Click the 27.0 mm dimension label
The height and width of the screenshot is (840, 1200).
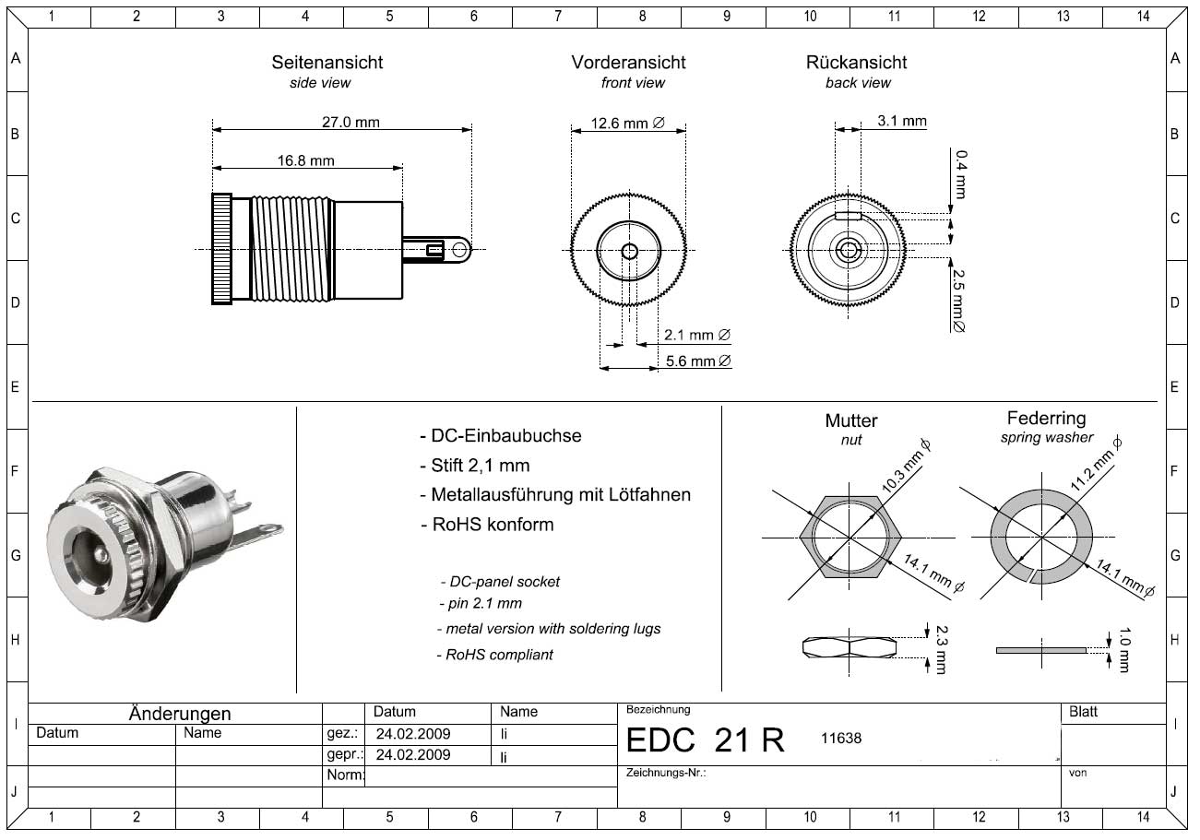(344, 122)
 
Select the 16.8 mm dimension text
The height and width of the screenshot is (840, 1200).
(305, 160)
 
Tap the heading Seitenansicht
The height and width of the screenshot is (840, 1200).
(327, 63)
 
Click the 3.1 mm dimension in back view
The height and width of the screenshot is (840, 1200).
(902, 121)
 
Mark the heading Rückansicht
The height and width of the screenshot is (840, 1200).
(856, 63)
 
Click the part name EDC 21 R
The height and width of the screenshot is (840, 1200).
(706, 739)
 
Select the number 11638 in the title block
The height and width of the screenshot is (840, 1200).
(840, 738)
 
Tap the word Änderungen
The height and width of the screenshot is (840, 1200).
(180, 714)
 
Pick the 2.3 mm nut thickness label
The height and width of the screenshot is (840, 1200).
(941, 648)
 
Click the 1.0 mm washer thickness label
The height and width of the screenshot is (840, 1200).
(1123, 648)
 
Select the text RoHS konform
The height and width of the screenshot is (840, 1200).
(488, 525)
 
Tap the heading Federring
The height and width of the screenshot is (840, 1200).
(1046, 419)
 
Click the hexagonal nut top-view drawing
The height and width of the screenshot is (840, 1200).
(850, 537)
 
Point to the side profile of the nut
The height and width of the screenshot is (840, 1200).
(850, 646)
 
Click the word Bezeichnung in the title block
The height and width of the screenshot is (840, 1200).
(658, 709)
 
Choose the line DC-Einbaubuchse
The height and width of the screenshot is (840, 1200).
(500, 436)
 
